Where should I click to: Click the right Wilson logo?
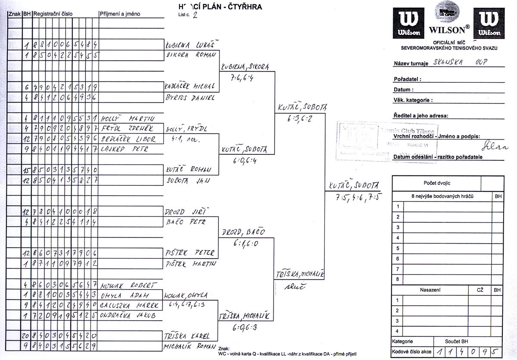[489, 23]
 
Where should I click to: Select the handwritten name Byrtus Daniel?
[190, 97]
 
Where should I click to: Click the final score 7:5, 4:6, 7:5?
[354, 198]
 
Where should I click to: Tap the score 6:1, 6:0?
[244, 243]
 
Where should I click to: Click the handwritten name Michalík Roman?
[190, 346]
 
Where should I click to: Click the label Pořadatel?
[407, 79]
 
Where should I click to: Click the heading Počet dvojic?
[436, 183]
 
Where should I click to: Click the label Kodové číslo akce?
[412, 351]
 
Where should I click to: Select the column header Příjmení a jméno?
[120, 14]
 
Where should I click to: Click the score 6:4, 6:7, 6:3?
[188, 306]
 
